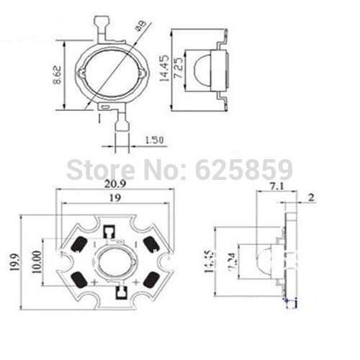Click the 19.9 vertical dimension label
coord(14,264)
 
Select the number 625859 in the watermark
coord(245,169)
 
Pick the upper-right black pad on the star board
coord(151,245)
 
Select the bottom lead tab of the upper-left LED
coord(121,124)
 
